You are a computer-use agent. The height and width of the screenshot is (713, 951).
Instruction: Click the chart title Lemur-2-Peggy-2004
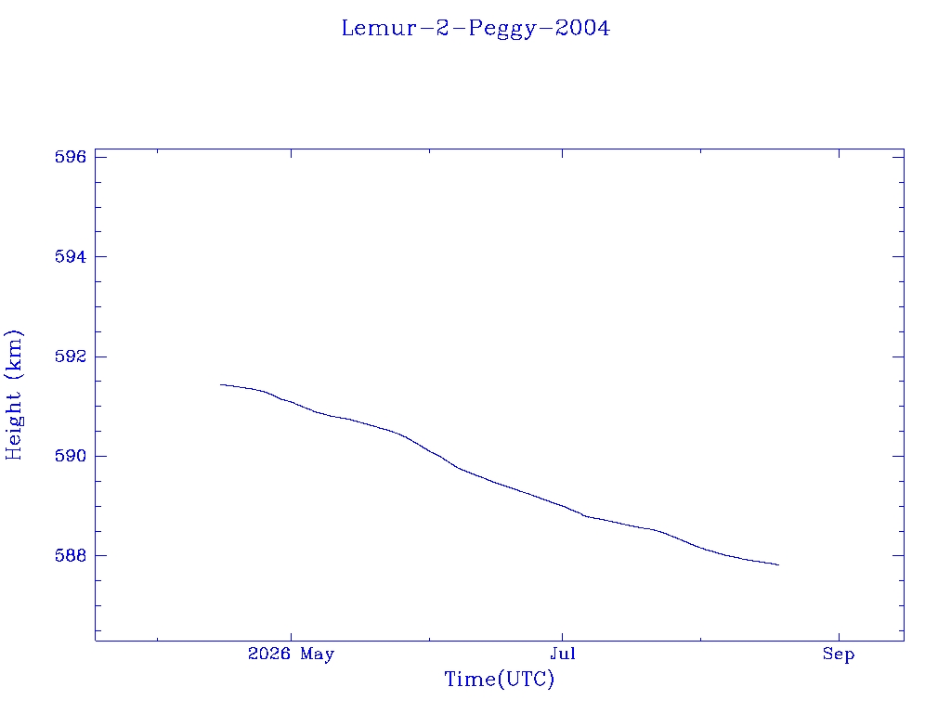(475, 29)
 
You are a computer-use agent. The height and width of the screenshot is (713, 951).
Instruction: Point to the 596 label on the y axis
(71, 157)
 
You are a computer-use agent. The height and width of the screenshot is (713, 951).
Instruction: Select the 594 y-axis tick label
(71, 256)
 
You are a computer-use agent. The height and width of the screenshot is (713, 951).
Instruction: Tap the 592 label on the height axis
(71, 356)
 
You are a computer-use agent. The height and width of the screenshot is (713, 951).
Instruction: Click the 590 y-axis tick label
(71, 456)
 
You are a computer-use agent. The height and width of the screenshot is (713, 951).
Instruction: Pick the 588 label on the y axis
(71, 555)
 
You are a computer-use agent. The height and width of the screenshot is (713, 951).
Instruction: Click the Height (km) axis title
(14, 395)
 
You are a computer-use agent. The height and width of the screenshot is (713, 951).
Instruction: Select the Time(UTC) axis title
(499, 679)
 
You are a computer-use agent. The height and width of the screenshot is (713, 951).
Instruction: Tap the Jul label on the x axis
(563, 655)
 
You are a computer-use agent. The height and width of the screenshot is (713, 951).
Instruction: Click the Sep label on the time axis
(839, 655)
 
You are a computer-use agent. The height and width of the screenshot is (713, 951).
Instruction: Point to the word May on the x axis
(318, 655)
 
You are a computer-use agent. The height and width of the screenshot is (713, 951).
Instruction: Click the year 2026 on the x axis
(269, 654)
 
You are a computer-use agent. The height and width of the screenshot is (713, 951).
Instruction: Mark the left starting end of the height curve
(220, 384)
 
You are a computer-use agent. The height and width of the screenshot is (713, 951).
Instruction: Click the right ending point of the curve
(779, 565)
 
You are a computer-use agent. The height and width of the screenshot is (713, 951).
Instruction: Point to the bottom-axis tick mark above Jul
(562, 637)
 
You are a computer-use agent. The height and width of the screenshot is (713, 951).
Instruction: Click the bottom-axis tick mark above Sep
(840, 637)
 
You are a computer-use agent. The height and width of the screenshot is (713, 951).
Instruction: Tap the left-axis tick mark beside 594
(100, 256)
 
